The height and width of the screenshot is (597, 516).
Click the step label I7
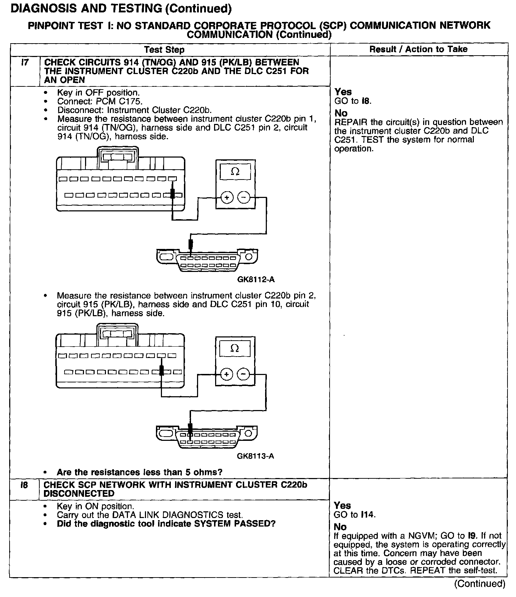coord(24,63)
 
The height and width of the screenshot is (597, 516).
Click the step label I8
coord(24,485)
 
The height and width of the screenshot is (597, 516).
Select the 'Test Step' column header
coord(164,50)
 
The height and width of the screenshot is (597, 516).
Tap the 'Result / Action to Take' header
coord(418,49)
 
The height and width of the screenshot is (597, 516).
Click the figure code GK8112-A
coord(256,280)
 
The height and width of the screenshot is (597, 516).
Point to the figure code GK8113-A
coord(255,456)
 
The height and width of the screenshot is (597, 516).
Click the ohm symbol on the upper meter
coord(235,172)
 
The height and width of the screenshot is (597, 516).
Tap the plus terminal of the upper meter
coord(226,197)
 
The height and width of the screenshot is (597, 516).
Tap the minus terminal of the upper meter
coord(243,197)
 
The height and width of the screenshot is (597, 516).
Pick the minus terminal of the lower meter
coord(243,374)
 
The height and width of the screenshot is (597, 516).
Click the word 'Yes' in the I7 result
coord(343,92)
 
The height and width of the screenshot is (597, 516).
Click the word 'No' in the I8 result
coord(340,527)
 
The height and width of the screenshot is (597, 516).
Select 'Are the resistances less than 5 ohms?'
coord(139,472)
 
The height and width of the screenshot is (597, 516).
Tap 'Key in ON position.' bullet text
coord(95,506)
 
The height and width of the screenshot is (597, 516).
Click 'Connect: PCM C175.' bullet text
coord(100,102)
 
